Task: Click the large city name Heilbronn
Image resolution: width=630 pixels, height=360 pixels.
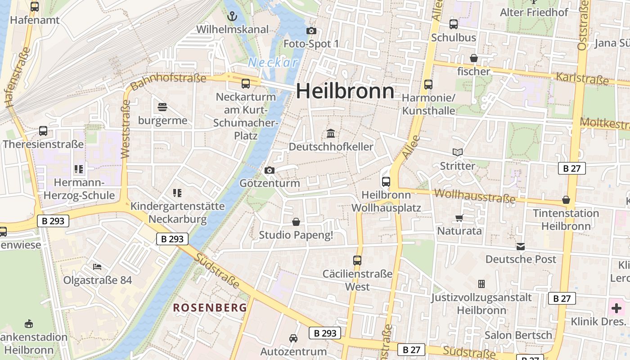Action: tap(345, 91)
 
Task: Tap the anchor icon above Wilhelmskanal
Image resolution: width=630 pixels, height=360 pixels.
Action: tap(232, 17)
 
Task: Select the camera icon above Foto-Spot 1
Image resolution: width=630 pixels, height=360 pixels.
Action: tap(311, 31)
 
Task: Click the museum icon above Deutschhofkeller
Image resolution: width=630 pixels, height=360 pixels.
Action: tap(331, 133)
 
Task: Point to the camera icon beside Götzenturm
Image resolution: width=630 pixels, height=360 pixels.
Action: tap(270, 170)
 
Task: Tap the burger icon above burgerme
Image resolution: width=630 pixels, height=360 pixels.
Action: tap(162, 107)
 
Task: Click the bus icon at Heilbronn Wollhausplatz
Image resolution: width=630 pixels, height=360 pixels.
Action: tap(386, 182)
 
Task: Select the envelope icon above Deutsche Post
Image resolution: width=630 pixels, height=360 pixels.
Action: tap(521, 247)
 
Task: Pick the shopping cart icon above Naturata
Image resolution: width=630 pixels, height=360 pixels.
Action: tap(459, 218)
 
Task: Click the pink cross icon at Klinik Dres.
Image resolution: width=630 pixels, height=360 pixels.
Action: tap(616, 308)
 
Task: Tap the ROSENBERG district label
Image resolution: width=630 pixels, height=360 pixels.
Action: tap(210, 308)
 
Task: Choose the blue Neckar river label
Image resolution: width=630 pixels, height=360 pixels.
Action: tap(273, 63)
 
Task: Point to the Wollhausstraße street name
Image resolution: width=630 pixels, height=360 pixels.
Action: tap(475, 196)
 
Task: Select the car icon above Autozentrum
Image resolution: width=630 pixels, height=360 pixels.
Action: tap(293, 338)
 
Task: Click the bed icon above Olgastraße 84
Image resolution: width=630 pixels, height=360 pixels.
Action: tap(97, 267)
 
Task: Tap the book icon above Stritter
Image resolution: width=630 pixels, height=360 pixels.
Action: tap(458, 153)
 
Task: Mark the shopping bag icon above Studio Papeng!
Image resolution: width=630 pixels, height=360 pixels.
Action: tap(296, 222)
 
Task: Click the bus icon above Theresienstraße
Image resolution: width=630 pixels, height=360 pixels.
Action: tap(43, 131)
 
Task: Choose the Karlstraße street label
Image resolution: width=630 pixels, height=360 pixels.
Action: tap(582, 78)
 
